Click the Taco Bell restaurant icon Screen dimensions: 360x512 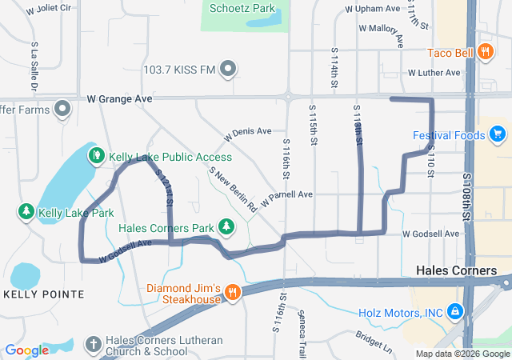[485, 52]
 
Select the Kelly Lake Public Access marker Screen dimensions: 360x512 [96, 154]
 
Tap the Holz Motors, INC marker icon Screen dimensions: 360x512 [454, 310]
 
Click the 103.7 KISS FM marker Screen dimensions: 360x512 [229, 69]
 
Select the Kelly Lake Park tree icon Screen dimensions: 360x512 [26, 213]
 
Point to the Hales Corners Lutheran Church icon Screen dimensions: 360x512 [94, 344]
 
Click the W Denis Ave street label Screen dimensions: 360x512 [248, 131]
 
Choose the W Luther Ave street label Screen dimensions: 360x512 [434, 72]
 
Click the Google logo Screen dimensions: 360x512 [27, 350]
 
